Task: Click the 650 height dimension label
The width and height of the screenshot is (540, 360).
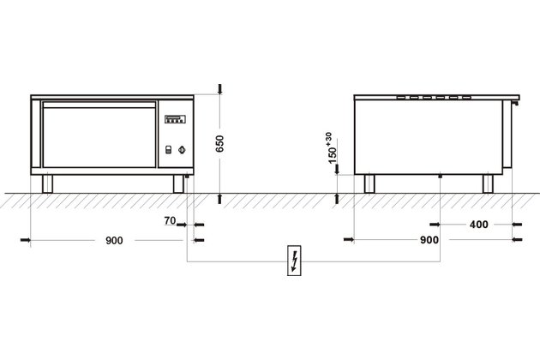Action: pos(219,143)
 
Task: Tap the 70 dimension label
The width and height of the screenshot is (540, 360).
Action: pos(170,220)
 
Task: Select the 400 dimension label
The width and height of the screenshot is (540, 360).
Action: pos(478,225)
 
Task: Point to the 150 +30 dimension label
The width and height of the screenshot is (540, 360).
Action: pos(331,147)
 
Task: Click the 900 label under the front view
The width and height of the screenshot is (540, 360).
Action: pos(114,241)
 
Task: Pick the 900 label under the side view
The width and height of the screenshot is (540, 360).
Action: pos(429,240)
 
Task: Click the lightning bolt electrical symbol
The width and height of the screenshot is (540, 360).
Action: pos(294,261)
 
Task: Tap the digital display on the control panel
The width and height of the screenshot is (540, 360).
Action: pos(175,119)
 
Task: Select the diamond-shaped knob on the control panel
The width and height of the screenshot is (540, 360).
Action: pos(183,150)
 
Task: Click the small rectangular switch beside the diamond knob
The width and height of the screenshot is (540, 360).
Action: pos(168,149)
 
